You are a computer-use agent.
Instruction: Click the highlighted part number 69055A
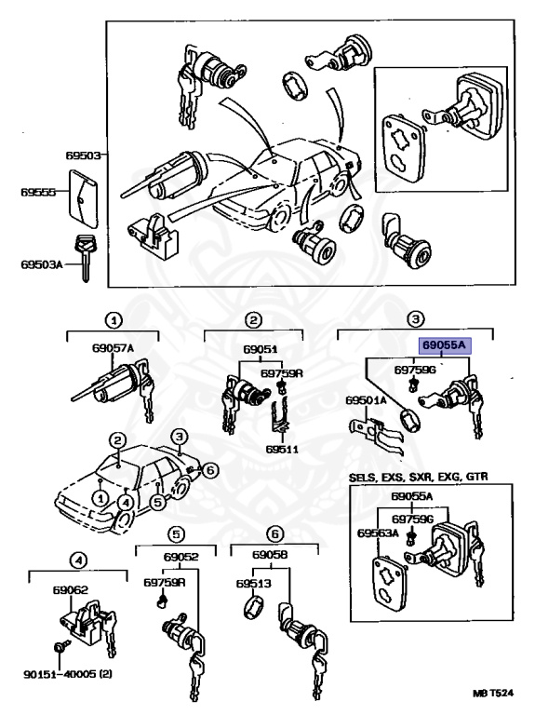coord(445,345)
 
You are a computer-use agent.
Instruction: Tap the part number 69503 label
coord(83,155)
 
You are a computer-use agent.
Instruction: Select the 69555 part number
coord(38,192)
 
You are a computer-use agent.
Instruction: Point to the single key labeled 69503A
coord(85,258)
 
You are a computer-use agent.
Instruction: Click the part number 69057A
coord(113,348)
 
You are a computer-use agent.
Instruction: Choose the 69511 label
coord(283,449)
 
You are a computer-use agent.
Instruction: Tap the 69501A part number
coord(366,400)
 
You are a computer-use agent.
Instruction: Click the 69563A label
coord(378,533)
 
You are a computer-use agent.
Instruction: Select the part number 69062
coord(70,590)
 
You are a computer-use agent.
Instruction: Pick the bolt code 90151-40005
coord(60,674)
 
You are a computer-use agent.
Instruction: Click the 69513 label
coord(253,583)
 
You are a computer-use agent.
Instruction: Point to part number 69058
coord(270,555)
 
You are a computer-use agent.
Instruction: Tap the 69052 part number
coord(181,557)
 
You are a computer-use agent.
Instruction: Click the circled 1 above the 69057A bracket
coord(114,319)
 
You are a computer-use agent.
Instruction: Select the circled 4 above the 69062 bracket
coord(78,560)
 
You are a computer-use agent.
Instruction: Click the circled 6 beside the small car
coord(210,469)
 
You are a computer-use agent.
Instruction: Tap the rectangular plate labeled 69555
coord(84,198)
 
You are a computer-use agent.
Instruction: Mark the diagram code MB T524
coord(492,694)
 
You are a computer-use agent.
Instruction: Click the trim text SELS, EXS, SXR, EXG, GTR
coord(419,477)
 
